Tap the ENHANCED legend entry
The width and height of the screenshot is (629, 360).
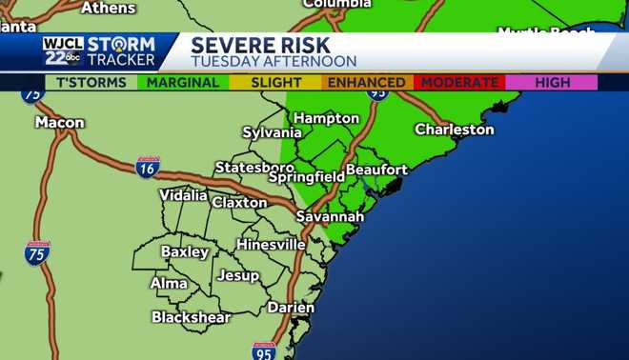click(366, 82)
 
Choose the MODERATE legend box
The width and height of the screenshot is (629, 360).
click(458, 82)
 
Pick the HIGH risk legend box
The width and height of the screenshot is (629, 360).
click(553, 82)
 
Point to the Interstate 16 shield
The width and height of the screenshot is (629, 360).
click(147, 168)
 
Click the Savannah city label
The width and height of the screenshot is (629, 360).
click(330, 217)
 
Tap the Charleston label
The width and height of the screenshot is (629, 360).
click(454, 129)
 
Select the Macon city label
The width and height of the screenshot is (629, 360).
click(59, 122)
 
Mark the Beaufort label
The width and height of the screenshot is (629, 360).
click(376, 170)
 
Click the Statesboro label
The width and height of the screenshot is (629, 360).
click(254, 167)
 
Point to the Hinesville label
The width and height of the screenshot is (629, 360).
click(269, 244)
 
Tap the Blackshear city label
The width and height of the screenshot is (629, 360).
click(191, 317)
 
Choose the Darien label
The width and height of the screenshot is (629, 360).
click(291, 307)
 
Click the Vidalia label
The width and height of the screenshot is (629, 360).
click(183, 195)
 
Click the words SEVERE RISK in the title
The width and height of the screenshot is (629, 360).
click(260, 45)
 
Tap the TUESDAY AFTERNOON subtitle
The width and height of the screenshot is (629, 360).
click(273, 61)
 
